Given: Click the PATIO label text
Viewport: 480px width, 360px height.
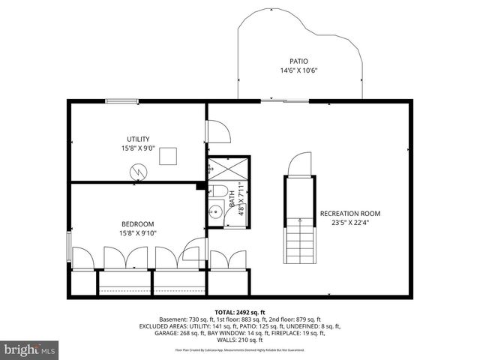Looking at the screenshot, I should click(298, 61).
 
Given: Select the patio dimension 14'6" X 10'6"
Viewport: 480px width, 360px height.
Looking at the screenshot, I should click(298, 72).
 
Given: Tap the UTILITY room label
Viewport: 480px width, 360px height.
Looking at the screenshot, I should click(138, 139).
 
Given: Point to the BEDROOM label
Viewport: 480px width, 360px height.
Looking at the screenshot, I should click(138, 224).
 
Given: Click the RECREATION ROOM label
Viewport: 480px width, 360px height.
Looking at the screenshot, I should click(346, 212).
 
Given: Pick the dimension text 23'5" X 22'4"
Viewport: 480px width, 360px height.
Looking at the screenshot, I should click(346, 222).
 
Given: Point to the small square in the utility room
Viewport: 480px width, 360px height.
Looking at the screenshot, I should click(169, 156).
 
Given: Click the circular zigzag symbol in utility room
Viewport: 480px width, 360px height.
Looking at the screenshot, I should click(139, 172).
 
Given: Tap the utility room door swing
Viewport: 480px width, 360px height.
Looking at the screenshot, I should click(218, 133).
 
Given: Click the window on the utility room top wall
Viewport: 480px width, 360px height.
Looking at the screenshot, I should click(121, 100).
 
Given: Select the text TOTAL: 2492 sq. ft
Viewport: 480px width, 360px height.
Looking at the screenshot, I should click(239, 311).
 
